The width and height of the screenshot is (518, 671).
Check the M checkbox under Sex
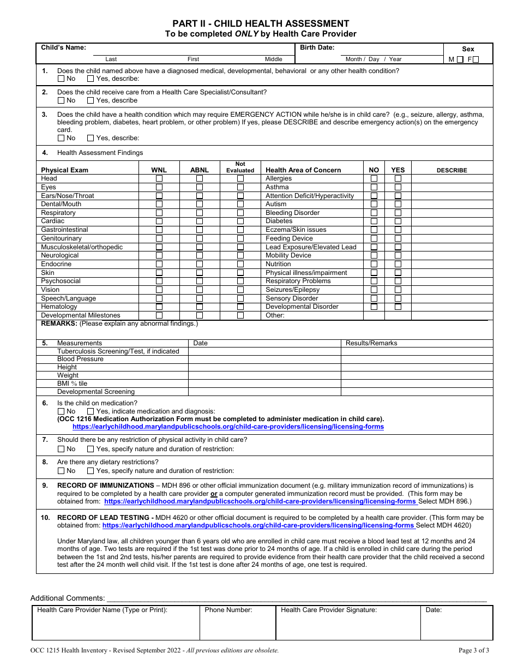pyautogui.click(x=460, y=59)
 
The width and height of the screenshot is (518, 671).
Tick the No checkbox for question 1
pyautogui.click(x=61, y=79)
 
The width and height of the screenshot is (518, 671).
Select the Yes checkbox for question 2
pyautogui.click(x=91, y=100)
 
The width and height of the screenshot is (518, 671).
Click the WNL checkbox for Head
pyautogui.click(x=159, y=178)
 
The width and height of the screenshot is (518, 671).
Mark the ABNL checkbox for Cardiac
pyautogui.click(x=200, y=221)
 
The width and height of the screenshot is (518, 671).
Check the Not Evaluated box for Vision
pyautogui.click(x=240, y=290)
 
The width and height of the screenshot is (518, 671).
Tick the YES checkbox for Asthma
pyautogui.click(x=398, y=187)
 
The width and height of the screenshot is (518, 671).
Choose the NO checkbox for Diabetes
pyautogui.click(x=374, y=221)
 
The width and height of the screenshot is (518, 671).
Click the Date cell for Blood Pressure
pyautogui.click(x=264, y=359)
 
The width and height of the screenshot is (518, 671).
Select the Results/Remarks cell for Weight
pyautogui.click(x=417, y=375)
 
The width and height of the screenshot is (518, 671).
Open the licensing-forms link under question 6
pyautogui.click(x=228, y=427)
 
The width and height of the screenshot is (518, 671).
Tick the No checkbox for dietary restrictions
pyautogui.click(x=61, y=471)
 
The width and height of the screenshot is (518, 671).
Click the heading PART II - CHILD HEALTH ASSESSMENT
pyautogui.click(x=261, y=23)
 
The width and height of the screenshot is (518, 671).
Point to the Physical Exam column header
pyautogui.click(x=64, y=170)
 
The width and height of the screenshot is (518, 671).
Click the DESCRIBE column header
pyautogui.click(x=451, y=170)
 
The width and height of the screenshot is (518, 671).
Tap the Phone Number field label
pyautogui.click(x=228, y=610)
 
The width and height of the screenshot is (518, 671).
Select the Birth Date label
pyautogui.click(x=317, y=47)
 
